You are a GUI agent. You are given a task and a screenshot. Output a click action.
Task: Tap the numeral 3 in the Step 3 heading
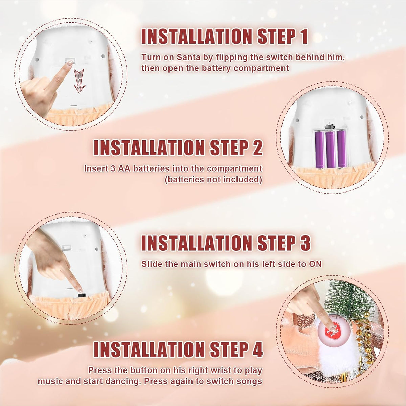point(304,243)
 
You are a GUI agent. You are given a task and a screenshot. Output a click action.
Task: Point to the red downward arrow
point(80,81)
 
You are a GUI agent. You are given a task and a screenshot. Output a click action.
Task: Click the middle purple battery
point(330,149)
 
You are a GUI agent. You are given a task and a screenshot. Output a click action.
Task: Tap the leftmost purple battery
point(320,149)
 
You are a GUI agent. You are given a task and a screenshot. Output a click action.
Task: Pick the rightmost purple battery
point(341,149)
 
